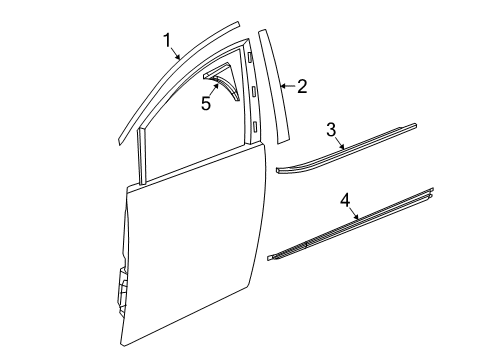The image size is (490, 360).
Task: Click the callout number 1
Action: pyautogui.click(x=168, y=39)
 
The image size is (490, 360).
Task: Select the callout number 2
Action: pyautogui.click(x=301, y=86)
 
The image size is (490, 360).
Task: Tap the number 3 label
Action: pyautogui.click(x=331, y=129)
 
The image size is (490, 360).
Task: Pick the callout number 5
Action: pyautogui.click(x=205, y=103)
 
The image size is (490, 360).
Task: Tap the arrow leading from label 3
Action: pyautogui.click(x=345, y=148)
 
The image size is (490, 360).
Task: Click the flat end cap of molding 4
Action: pyautogui.click(x=273, y=257)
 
